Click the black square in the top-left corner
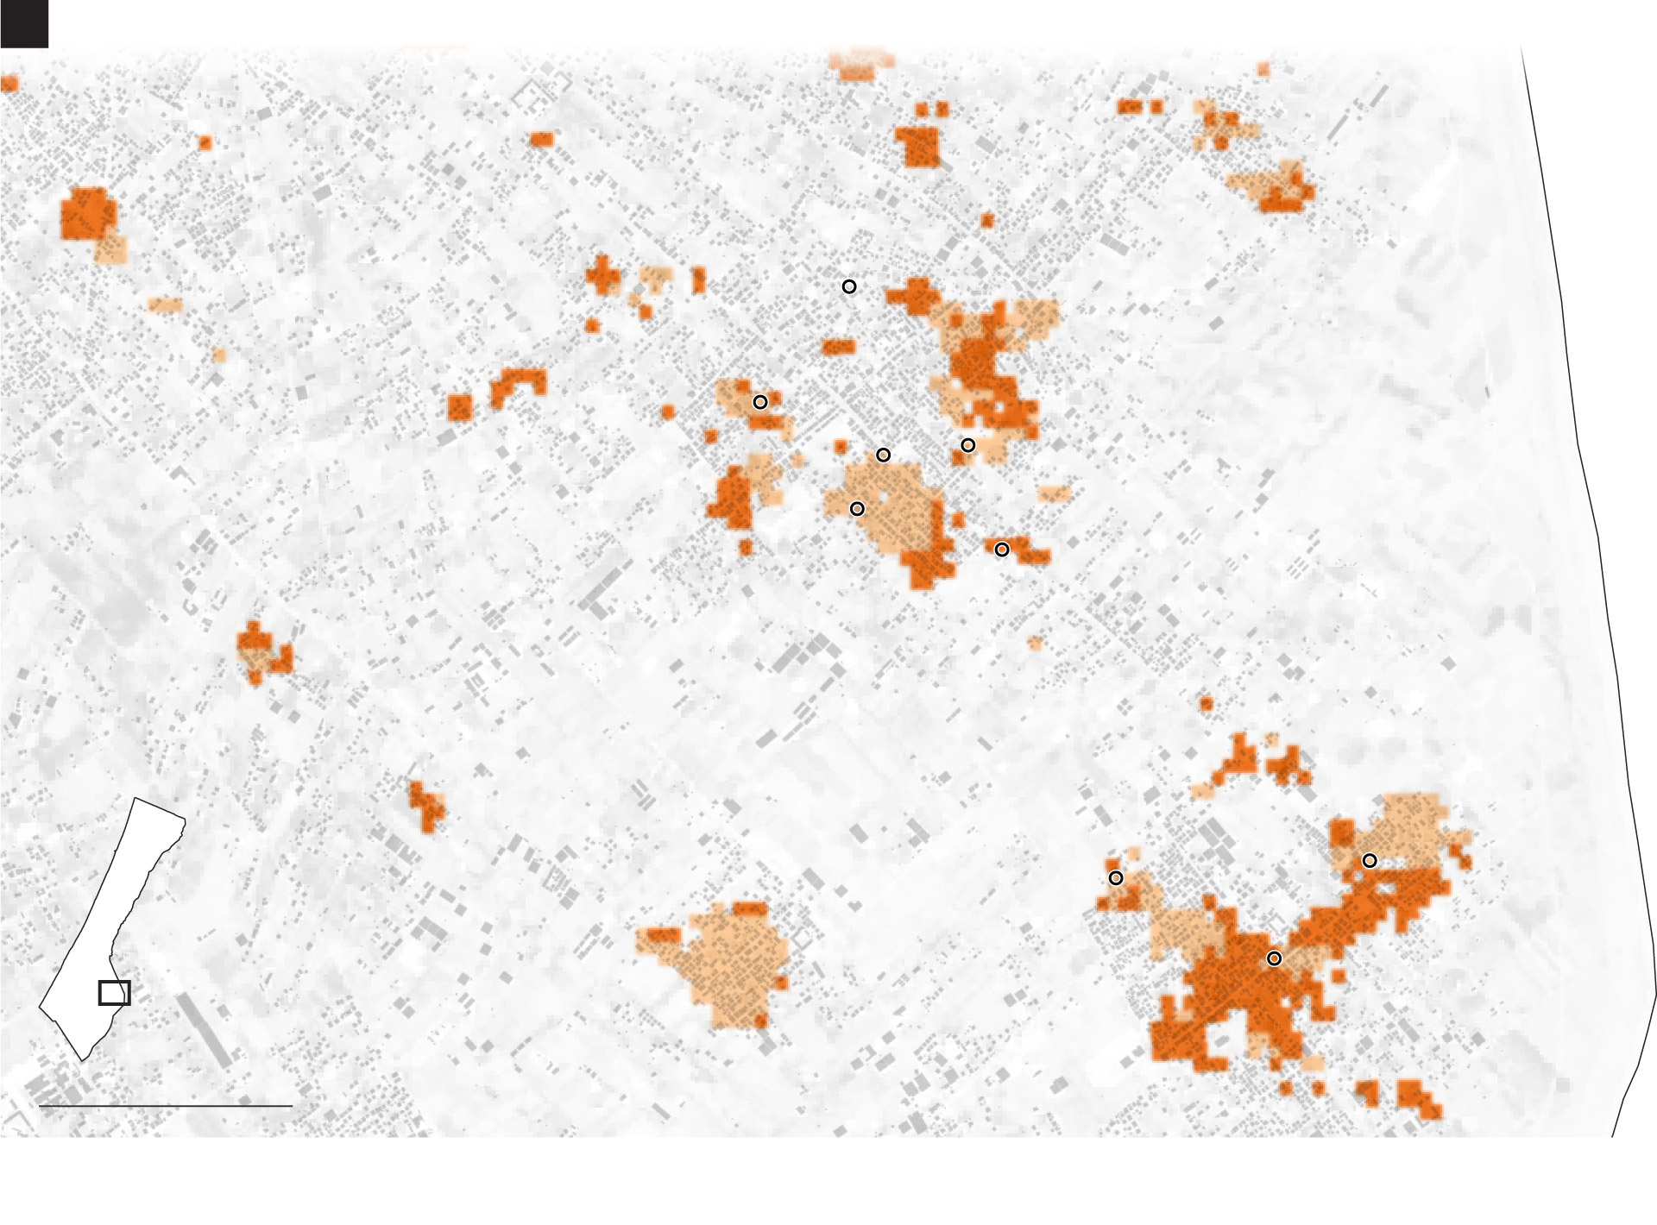pos(23,23)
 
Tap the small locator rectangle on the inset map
pos(114,993)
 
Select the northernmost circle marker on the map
pos(849,286)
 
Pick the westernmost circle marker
pos(760,402)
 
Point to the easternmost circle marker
pos(1370,861)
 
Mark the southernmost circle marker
pos(1274,958)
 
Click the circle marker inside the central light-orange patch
pos(857,509)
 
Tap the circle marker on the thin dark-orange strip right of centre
pos(1002,550)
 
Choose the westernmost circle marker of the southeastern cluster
pos(1116,878)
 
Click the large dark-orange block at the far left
pos(86,213)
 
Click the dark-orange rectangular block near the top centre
pos(918,146)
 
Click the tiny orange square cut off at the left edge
pos(8,84)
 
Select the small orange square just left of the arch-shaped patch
pos(460,407)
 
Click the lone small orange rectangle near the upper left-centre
pos(542,139)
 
